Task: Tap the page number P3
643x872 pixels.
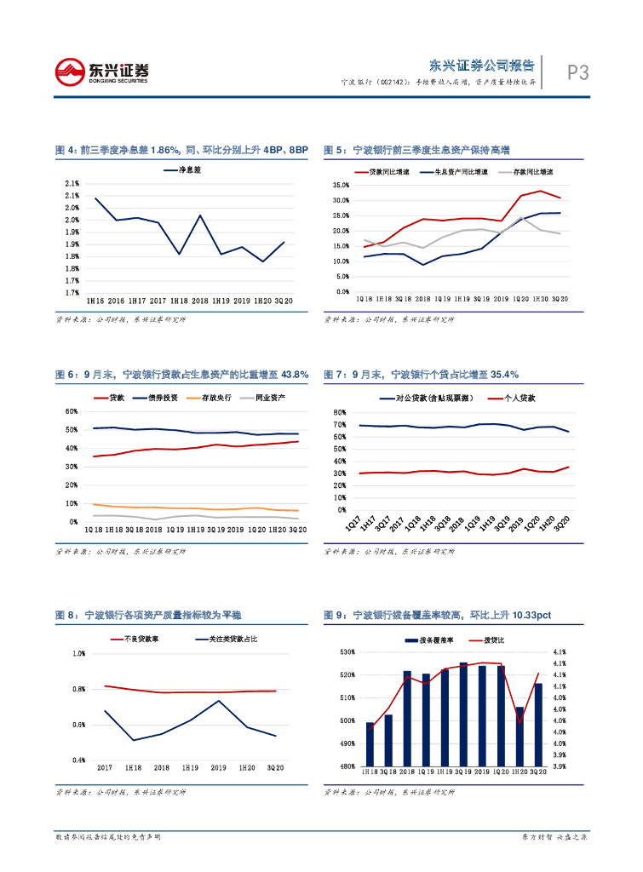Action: pyautogui.click(x=578, y=73)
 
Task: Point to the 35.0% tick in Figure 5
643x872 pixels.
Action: pyautogui.click(x=341, y=186)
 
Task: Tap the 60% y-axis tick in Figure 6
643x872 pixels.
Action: pyautogui.click(x=72, y=411)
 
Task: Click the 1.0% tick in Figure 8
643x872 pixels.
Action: pyautogui.click(x=79, y=654)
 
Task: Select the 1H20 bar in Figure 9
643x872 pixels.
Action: pyautogui.click(x=520, y=737)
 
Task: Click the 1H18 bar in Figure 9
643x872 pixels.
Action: pyautogui.click(x=370, y=744)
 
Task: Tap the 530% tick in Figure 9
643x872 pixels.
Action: pyautogui.click(x=347, y=653)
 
